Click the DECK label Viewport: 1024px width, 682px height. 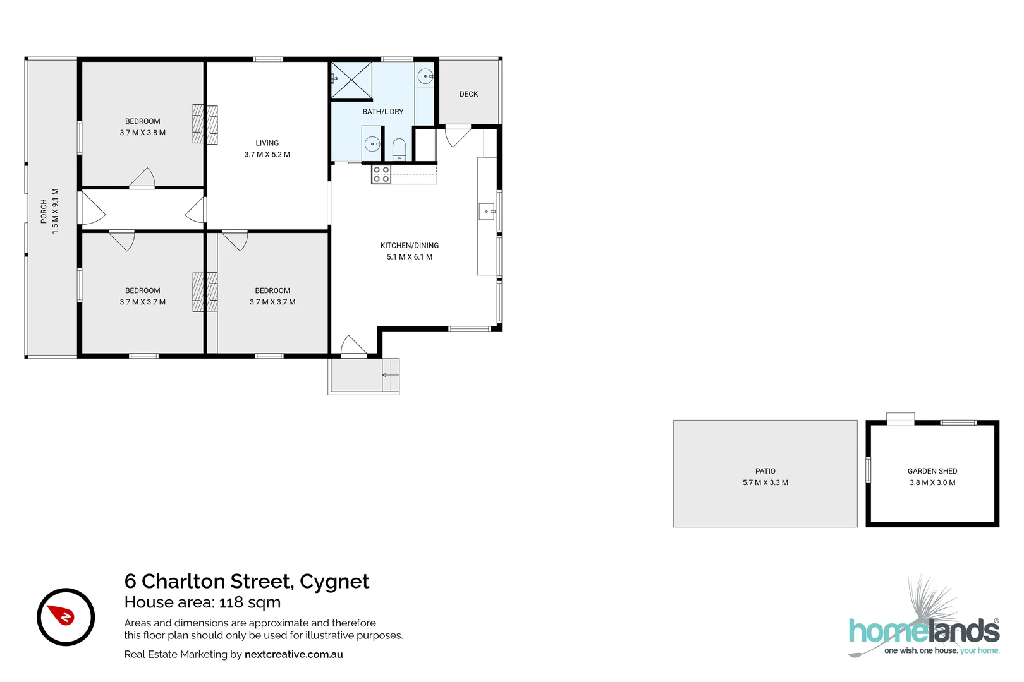(468, 94)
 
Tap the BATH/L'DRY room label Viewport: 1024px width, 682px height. (382, 111)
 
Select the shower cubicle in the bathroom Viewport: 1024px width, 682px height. (351, 80)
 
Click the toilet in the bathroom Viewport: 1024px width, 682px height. (399, 149)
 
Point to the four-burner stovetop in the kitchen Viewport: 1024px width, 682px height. (381, 174)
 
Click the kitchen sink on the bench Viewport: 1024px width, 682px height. (487, 212)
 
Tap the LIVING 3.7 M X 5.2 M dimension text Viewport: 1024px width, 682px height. (267, 154)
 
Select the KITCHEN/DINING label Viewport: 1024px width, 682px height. (409, 245)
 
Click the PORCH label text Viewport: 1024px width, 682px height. (44, 211)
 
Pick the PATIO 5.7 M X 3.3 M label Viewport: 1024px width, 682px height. (765, 477)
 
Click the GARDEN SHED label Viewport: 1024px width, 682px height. (932, 471)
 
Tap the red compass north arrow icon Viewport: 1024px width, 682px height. (63, 615)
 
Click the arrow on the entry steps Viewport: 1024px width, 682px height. (386, 375)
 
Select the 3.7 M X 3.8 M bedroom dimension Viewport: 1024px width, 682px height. (142, 133)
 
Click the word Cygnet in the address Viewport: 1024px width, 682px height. (334, 581)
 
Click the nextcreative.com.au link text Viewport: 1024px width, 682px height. (293, 654)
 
